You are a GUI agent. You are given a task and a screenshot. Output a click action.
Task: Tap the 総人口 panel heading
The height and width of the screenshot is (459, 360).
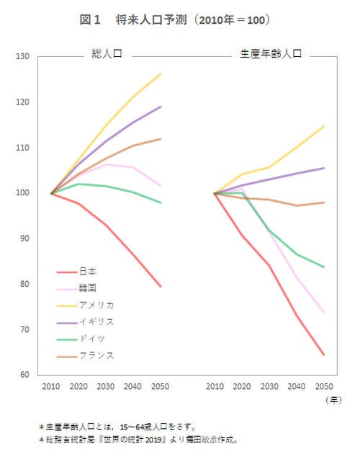(x=106, y=54)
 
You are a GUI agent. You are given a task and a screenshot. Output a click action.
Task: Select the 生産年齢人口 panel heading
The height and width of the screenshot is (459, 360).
(x=270, y=54)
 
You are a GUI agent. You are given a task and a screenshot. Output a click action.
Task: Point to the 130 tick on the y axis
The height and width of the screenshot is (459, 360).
(x=22, y=57)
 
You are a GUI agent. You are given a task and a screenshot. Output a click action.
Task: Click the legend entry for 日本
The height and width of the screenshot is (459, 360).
(x=87, y=272)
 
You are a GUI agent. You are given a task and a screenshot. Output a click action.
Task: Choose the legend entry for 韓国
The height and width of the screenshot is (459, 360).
(x=87, y=288)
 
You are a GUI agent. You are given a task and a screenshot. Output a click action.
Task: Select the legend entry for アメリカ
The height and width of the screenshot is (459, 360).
(x=96, y=305)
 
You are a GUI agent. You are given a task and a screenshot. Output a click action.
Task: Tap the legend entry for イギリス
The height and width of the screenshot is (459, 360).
(x=96, y=321)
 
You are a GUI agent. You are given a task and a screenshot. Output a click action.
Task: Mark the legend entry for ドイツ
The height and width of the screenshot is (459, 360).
(x=92, y=338)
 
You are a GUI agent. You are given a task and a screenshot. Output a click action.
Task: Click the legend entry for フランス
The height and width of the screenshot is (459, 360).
(x=96, y=355)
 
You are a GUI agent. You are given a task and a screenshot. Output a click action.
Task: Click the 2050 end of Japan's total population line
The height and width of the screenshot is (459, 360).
(x=161, y=287)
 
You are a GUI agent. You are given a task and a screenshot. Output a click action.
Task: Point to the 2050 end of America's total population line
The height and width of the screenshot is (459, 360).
(x=161, y=73)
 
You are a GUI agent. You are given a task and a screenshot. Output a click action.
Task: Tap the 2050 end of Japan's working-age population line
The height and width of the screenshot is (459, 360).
(x=324, y=355)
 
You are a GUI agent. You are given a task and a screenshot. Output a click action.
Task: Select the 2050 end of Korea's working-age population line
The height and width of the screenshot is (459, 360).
(x=324, y=312)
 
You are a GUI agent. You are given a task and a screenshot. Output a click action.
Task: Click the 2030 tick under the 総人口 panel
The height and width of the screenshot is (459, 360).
(x=106, y=387)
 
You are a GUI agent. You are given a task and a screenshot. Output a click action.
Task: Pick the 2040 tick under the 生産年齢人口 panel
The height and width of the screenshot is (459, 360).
(x=297, y=387)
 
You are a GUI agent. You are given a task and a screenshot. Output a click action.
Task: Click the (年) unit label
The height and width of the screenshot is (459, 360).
(x=333, y=399)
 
